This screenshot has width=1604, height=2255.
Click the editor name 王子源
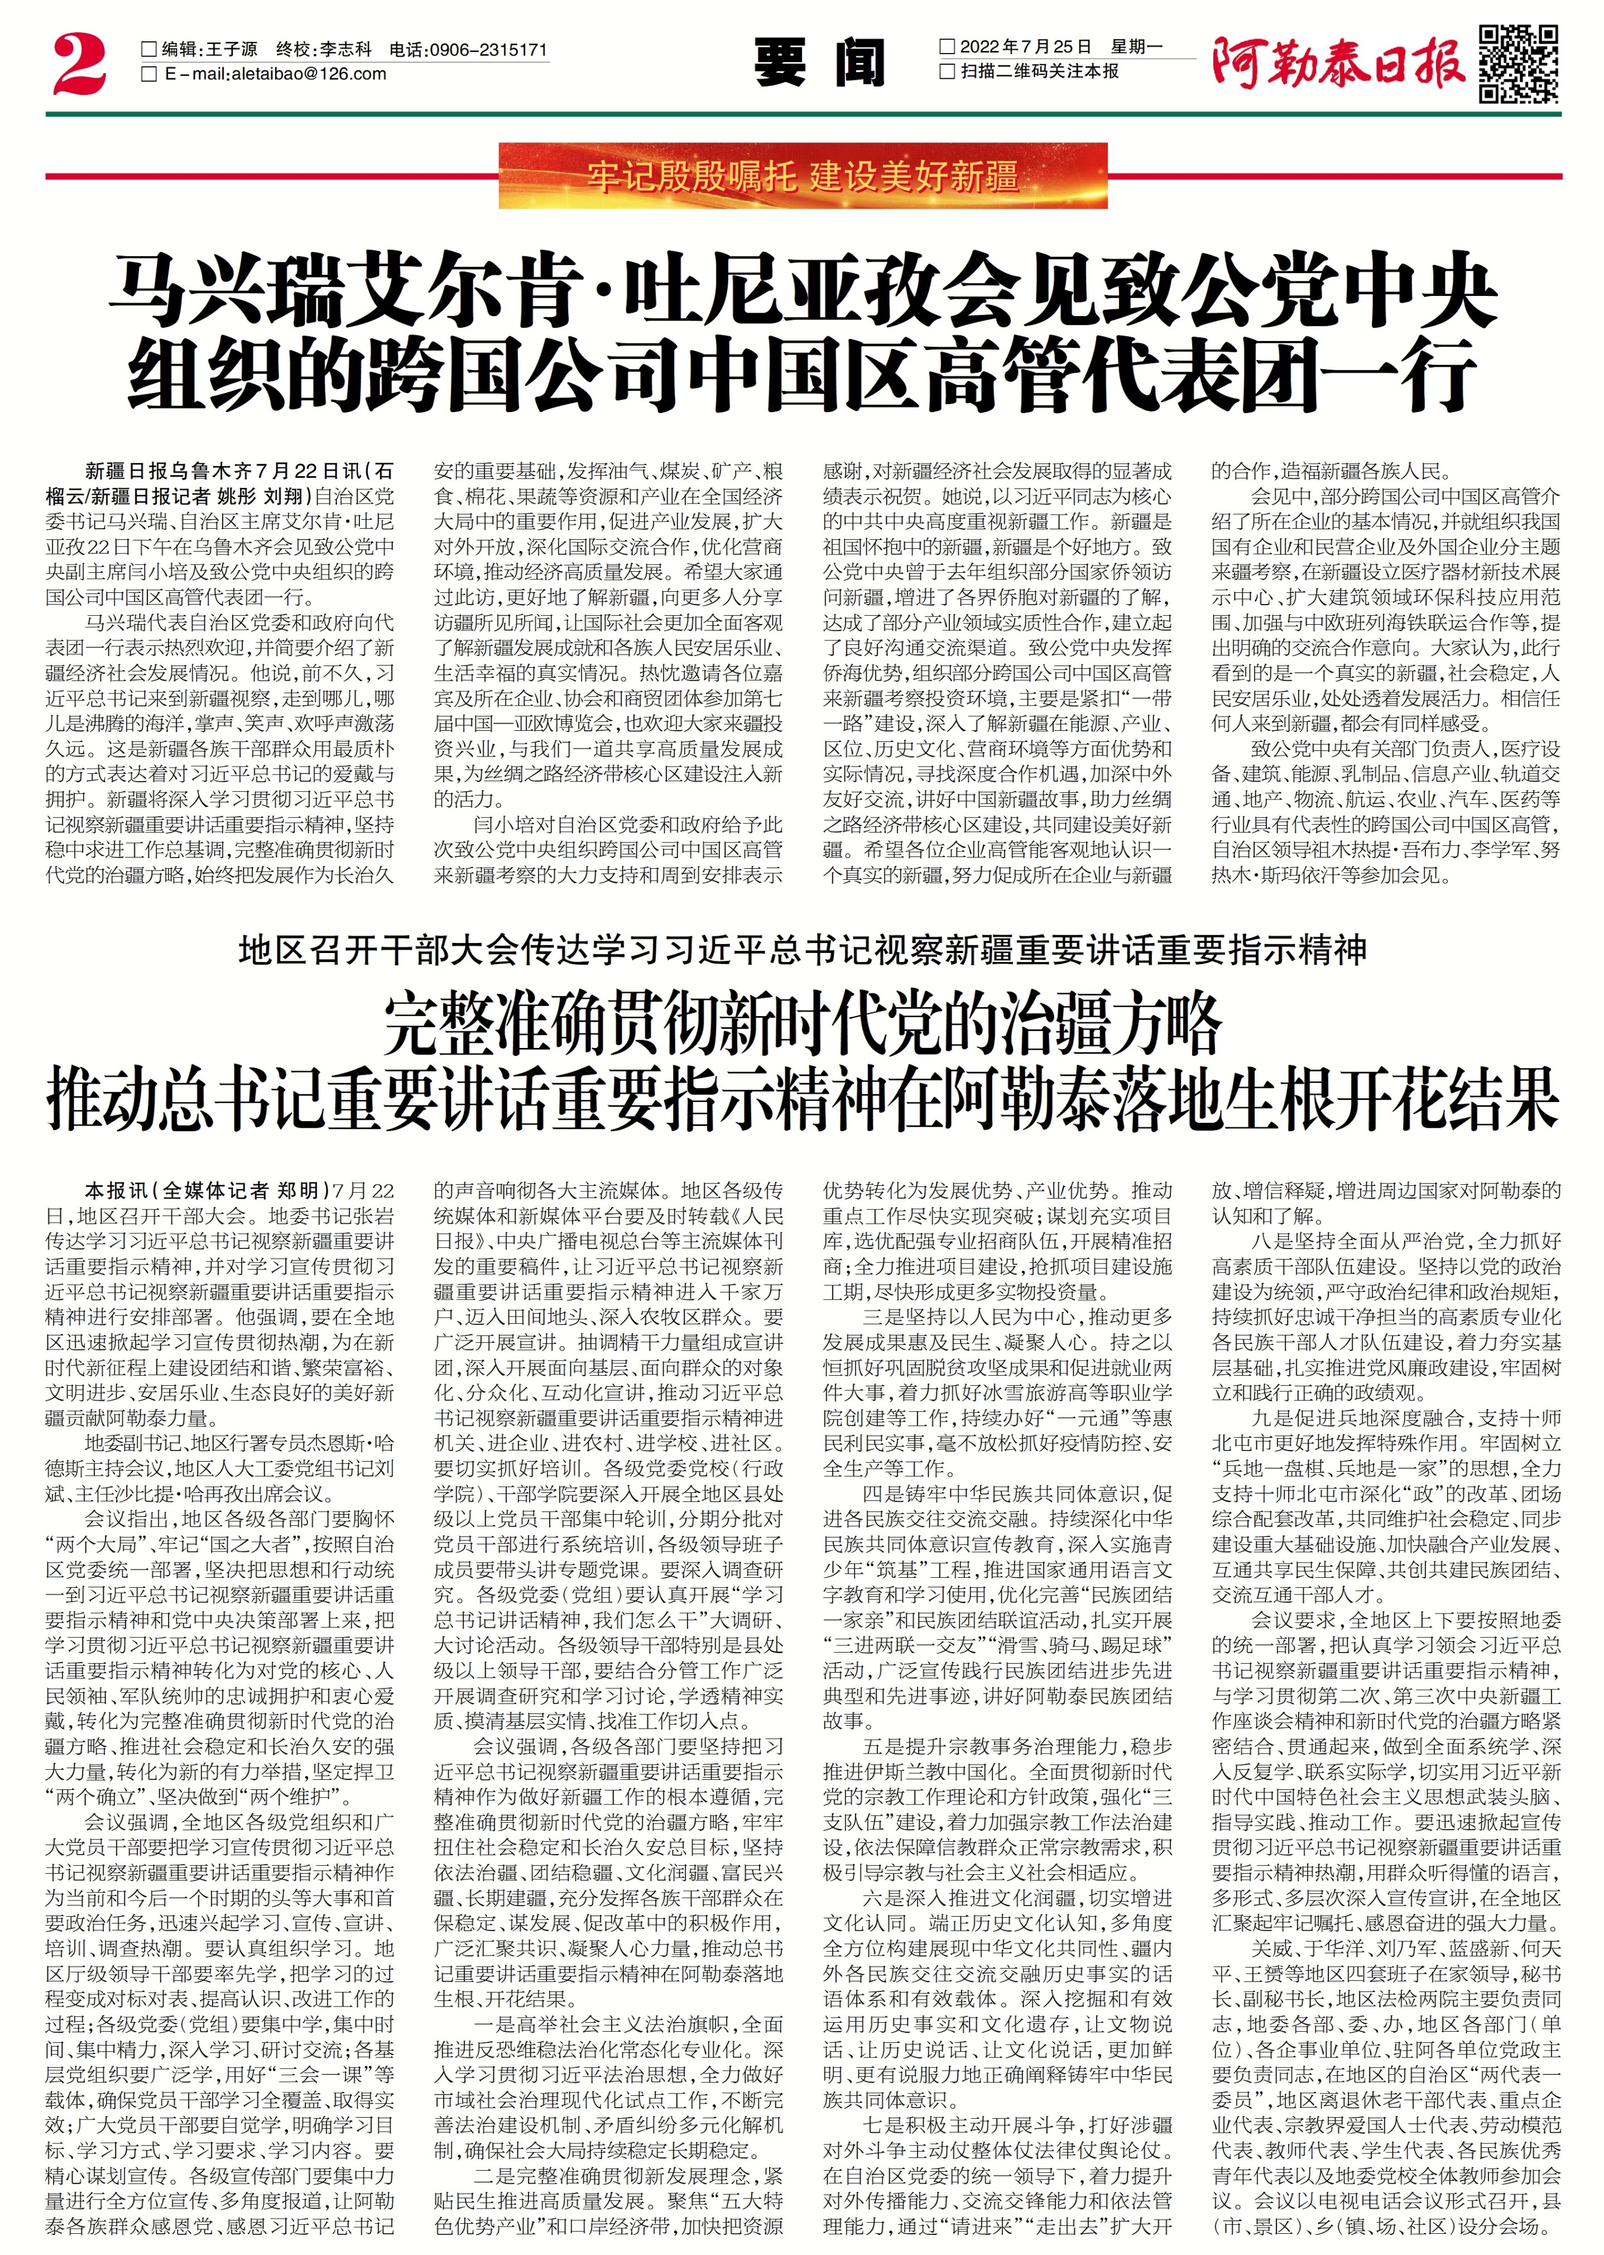pos(229,49)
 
